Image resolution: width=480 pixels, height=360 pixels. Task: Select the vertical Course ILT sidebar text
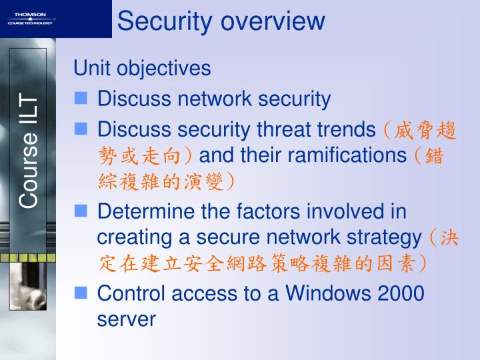click(29, 150)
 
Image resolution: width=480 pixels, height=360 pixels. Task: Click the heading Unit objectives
click(142, 68)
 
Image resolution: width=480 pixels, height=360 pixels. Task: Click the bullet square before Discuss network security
click(81, 99)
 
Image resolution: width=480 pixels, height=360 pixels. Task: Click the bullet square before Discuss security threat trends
click(81, 128)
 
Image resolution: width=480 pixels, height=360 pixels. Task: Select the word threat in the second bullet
click(287, 129)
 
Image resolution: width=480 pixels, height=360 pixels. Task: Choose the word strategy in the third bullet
click(385, 237)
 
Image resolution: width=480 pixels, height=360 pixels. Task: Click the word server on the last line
click(126, 319)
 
